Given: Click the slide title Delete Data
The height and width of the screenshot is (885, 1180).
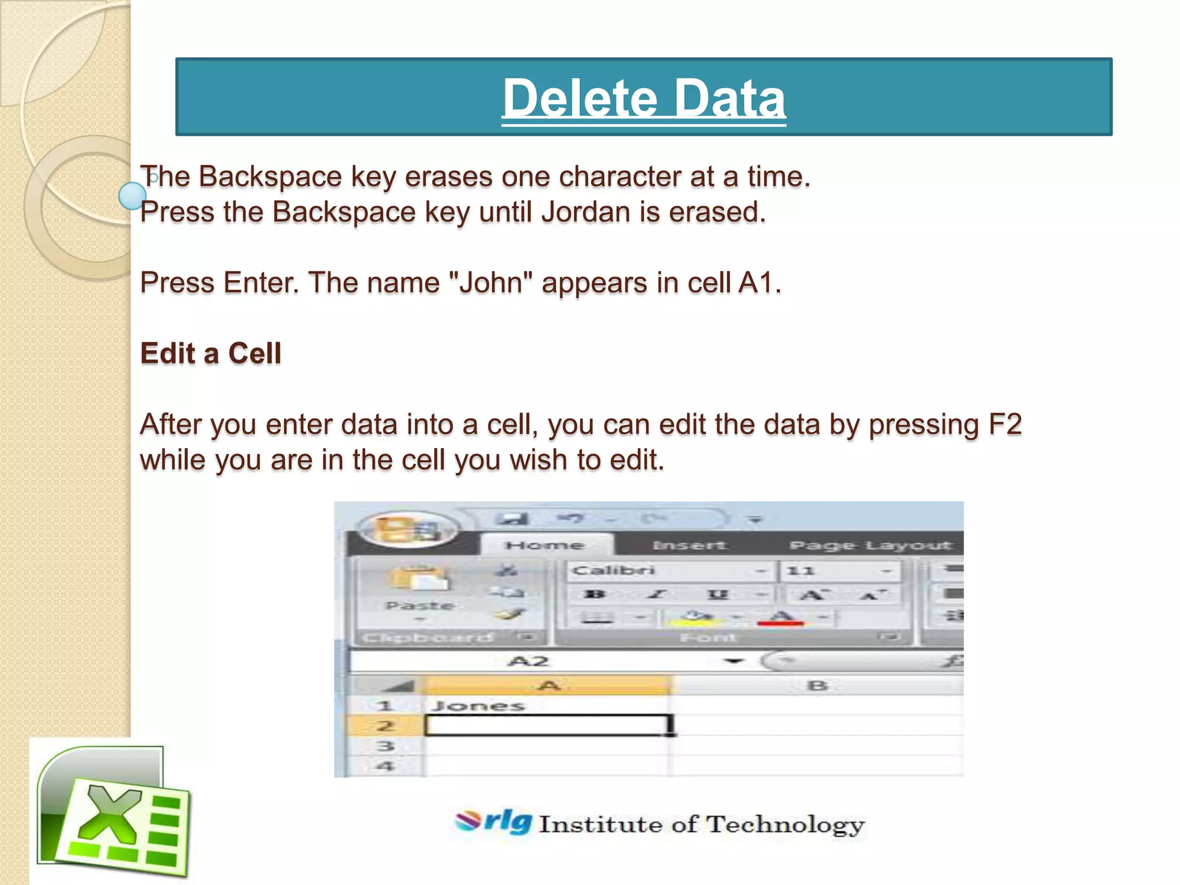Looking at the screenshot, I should tap(644, 98).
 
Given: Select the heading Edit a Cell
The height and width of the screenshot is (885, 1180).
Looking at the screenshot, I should tap(211, 353).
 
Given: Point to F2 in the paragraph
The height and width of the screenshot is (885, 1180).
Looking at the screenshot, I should tap(1005, 425).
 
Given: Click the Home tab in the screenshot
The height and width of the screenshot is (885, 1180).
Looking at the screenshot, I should tap(544, 545).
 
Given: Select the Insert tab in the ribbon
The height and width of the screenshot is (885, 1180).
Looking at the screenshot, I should tap(689, 545).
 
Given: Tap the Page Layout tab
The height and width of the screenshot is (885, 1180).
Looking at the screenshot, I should tap(870, 545).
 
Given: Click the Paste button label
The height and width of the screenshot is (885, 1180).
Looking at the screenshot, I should tap(419, 606).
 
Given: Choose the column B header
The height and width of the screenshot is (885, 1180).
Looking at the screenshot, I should tap(817, 686).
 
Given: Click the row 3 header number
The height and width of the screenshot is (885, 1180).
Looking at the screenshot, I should tap(384, 746).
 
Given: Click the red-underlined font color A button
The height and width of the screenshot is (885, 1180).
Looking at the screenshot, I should tap(780, 618).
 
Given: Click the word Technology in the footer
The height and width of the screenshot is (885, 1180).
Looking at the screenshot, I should tap(785, 825).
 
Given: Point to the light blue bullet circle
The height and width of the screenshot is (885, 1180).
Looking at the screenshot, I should tap(133, 196).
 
